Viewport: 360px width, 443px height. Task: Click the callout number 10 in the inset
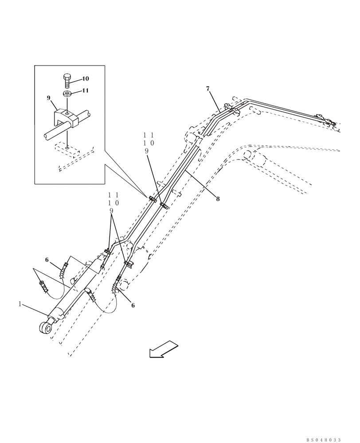85,79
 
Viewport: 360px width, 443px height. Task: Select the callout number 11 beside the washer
85,90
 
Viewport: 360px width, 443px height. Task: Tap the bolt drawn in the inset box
67,81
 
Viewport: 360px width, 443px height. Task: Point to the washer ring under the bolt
68,93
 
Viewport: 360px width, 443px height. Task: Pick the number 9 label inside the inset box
49,98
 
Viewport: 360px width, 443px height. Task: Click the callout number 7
207,89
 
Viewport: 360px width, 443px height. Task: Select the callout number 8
218,199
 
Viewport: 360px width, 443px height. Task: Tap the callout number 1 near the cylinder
20,304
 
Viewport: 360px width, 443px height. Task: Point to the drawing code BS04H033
323,440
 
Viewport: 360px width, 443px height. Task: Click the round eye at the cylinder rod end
45,328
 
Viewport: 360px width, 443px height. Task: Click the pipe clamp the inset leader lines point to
152,198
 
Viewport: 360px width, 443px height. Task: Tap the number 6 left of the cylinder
47,260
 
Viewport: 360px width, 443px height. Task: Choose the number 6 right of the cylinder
133,305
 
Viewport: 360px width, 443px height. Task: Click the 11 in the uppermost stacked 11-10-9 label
149,135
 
